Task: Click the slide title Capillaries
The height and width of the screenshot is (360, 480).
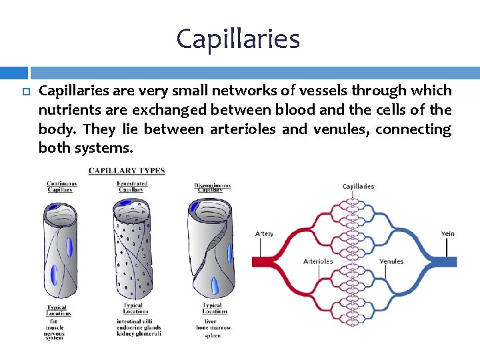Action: coord(238,39)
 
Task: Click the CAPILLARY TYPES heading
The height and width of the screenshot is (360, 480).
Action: coord(127,171)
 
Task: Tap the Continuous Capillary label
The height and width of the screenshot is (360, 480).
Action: coord(61,187)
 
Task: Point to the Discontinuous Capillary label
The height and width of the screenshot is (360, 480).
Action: coord(212,187)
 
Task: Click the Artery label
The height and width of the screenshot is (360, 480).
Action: coord(264,234)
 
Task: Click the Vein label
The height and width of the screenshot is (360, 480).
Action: coord(448,234)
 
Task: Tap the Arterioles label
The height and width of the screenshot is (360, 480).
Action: coord(318,261)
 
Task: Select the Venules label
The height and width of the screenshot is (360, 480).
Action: coord(391,261)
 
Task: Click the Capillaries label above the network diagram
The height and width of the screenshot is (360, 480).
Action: coord(358,187)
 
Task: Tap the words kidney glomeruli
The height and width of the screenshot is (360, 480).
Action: coord(139,334)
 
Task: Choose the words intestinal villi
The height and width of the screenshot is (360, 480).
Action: coord(135,321)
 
